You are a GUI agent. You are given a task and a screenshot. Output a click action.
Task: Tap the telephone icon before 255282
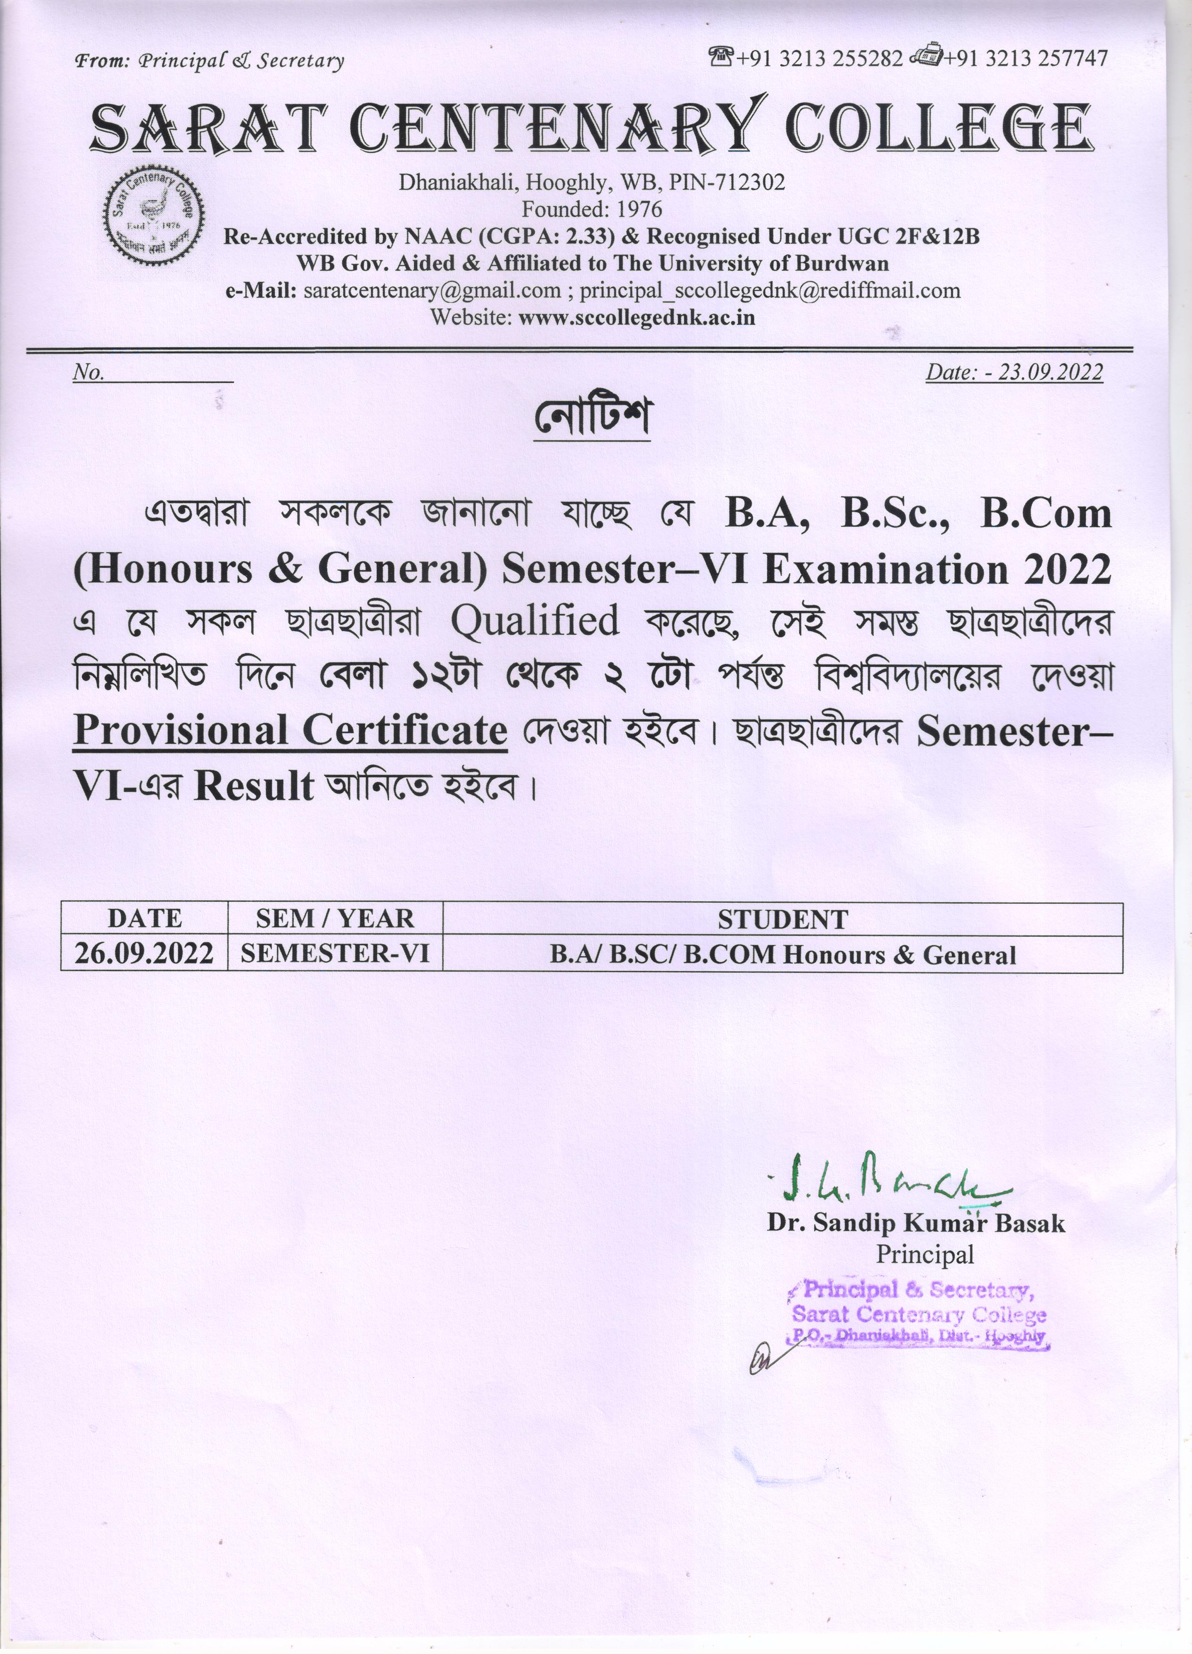721,56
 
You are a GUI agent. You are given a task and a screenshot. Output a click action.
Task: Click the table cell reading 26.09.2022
144,954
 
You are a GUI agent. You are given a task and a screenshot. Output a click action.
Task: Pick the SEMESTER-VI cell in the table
335,954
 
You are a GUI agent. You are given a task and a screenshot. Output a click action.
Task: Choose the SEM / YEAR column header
335,919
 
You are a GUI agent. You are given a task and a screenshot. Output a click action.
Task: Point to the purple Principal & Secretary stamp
919,1314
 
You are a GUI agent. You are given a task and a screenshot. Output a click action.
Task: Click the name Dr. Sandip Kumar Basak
916,1223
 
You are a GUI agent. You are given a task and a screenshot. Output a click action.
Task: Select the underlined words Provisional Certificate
290,730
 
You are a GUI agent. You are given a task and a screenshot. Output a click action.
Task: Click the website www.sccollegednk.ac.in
637,318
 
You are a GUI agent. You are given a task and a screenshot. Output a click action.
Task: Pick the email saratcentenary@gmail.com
431,291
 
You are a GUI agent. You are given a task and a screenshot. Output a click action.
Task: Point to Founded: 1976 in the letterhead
591,210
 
